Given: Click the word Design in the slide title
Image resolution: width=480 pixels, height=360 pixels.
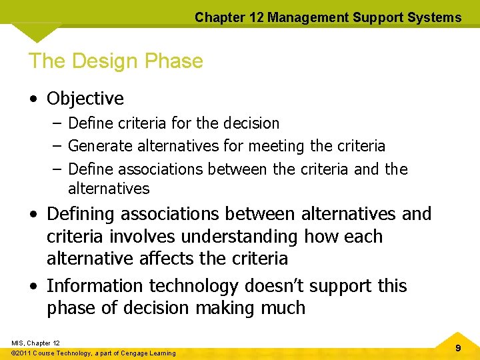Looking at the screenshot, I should [103, 61].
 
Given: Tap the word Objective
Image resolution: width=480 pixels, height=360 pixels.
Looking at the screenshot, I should [85, 99].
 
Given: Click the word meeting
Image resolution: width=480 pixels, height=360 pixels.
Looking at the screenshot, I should [277, 146].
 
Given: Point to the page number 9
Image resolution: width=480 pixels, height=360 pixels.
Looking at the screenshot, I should [458, 349].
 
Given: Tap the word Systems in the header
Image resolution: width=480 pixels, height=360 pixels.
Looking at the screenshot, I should [436, 18].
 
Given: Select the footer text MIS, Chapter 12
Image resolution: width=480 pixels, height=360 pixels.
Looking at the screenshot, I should [36, 343].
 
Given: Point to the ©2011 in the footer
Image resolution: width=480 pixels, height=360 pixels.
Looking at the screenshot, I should [23, 353].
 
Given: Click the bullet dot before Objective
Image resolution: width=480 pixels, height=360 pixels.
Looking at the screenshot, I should [33, 99].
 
